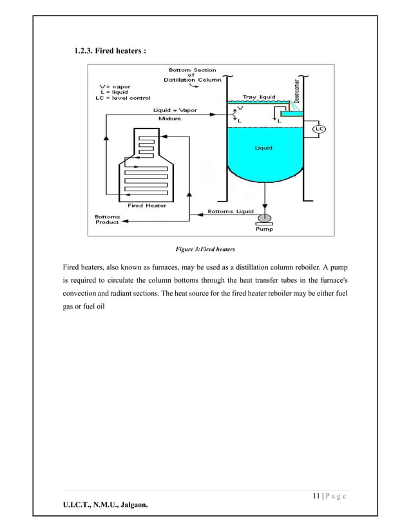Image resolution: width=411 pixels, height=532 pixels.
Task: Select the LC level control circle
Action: [319, 129]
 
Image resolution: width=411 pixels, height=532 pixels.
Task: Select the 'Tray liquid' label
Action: [258, 97]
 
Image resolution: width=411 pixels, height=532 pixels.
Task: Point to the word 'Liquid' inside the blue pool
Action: [263, 147]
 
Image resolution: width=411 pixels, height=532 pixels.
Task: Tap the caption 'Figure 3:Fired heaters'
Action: [205, 248]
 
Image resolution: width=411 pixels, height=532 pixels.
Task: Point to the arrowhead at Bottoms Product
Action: [124, 220]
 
